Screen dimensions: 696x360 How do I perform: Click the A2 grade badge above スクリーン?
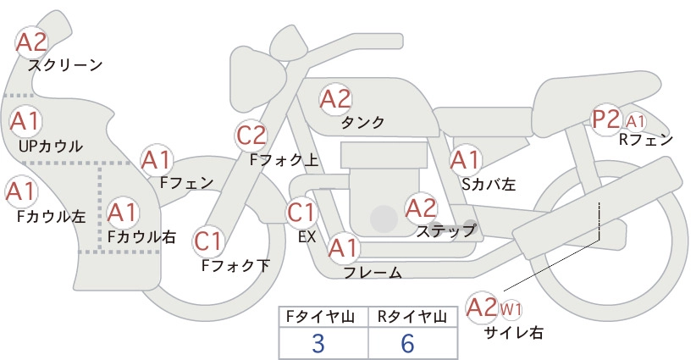pyautogui.click(x=31, y=42)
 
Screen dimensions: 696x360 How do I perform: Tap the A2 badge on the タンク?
pyautogui.click(x=335, y=99)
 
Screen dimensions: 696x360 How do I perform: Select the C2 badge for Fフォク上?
pyautogui.click(x=251, y=136)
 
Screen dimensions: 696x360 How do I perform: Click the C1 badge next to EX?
pyautogui.click(x=301, y=212)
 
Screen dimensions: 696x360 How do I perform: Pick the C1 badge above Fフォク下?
pyautogui.click(x=208, y=241)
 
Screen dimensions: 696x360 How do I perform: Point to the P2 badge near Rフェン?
pyautogui.click(x=606, y=119)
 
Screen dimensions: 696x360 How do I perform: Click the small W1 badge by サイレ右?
pyautogui.click(x=511, y=309)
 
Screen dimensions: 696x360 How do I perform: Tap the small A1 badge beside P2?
pyautogui.click(x=636, y=121)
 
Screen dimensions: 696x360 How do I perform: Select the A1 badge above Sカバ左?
pyautogui.click(x=465, y=160)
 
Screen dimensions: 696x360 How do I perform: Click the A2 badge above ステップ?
pyautogui.click(x=421, y=208)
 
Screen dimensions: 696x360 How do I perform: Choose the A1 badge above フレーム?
pyautogui.click(x=343, y=248)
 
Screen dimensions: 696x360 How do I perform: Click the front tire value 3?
pyautogui.click(x=318, y=343)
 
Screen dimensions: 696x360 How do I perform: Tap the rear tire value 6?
pyautogui.click(x=407, y=343)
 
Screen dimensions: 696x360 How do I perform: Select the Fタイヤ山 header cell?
pyautogui.click(x=323, y=317)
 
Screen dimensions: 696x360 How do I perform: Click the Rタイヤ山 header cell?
pyautogui.click(x=413, y=317)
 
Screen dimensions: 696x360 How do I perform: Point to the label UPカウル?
pyautogui.click(x=51, y=146)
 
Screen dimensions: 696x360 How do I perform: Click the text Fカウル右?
pyautogui.click(x=142, y=236)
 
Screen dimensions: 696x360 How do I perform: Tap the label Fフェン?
pyautogui.click(x=186, y=182)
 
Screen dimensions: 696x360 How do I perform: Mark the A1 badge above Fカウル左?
pyautogui.click(x=21, y=191)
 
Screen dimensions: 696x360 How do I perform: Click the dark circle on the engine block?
pyautogui.click(x=384, y=219)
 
